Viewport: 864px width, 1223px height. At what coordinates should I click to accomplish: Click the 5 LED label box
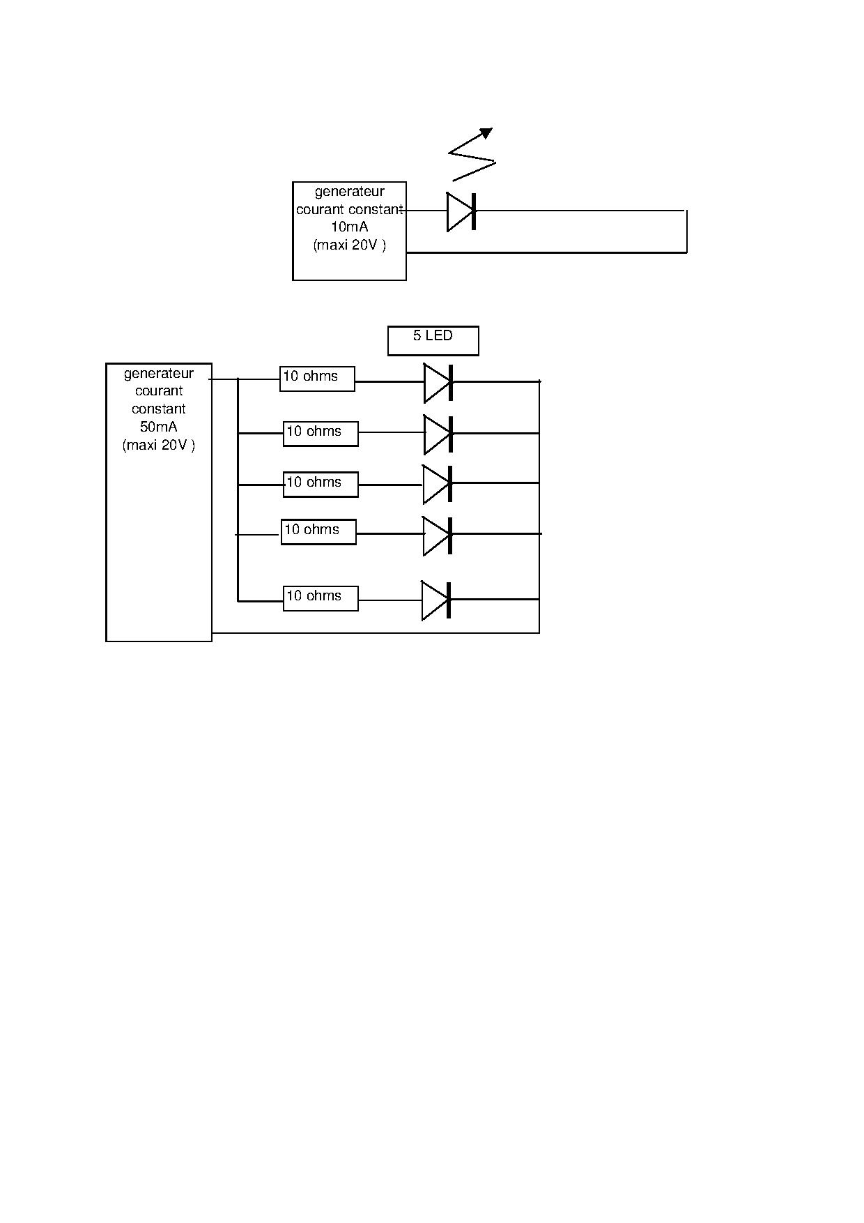(x=433, y=340)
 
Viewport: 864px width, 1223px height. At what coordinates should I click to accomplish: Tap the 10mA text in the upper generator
(x=349, y=227)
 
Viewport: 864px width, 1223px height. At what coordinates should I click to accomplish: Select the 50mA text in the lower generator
(x=158, y=427)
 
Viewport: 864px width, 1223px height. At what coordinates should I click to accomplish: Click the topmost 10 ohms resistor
(x=317, y=379)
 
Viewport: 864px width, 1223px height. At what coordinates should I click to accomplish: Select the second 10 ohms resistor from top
(x=321, y=434)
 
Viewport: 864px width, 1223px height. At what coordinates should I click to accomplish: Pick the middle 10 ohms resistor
(x=321, y=484)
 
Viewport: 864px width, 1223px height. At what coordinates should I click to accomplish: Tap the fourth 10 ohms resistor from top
(x=318, y=532)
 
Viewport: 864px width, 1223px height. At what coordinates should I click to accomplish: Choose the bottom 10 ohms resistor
(x=321, y=598)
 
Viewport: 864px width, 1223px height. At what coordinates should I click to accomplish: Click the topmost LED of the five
(x=438, y=383)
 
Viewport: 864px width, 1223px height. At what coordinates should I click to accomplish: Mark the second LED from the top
(x=438, y=434)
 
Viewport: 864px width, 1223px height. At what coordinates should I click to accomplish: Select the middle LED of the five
(x=438, y=484)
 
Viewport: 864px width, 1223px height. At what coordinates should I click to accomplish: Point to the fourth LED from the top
(x=438, y=535)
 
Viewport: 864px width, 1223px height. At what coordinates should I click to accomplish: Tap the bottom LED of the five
(x=436, y=600)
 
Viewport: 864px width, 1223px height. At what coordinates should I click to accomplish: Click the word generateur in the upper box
(x=349, y=192)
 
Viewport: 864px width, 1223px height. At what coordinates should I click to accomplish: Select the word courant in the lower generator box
(x=158, y=391)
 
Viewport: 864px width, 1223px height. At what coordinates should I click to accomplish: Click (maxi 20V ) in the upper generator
(x=349, y=245)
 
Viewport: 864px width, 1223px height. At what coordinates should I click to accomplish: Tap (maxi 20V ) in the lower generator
(x=158, y=445)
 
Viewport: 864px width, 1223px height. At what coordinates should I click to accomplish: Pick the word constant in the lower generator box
(x=158, y=409)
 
